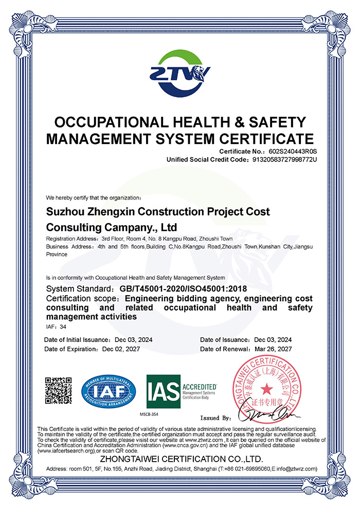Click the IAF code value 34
pyautogui.click(x=63, y=327)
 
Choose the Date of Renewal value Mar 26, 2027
pyautogui.click(x=273, y=349)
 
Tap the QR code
pyautogui.click(x=58, y=390)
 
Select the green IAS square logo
pyautogui.click(x=163, y=391)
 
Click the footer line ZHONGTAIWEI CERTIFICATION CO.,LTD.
pyautogui.click(x=182, y=459)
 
